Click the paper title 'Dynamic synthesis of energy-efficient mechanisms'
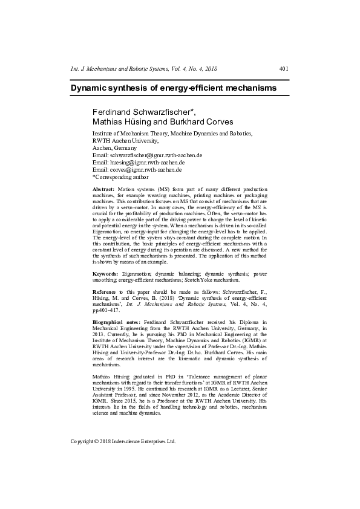coord(174,88)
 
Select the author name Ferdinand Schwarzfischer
coord(142,112)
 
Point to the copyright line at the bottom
coord(123,441)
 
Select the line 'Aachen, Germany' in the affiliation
coord(114,148)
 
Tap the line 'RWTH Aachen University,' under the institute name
coord(125,140)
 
